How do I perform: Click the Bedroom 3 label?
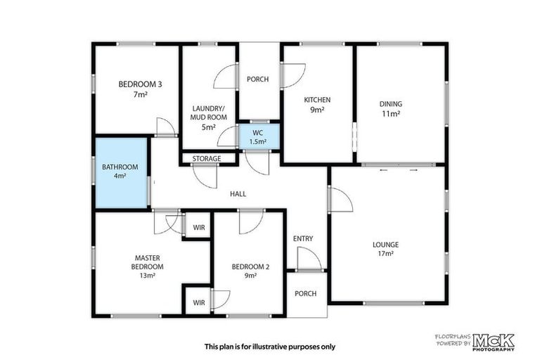[139, 84]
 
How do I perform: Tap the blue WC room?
[258, 137]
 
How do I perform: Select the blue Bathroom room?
[120, 172]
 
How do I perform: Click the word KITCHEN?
[316, 100]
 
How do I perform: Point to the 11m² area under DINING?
[392, 113]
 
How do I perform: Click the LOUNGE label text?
[385, 245]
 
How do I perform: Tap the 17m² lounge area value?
[385, 254]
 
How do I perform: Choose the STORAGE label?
[207, 159]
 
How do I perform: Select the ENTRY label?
[303, 239]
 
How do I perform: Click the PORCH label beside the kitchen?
[257, 79]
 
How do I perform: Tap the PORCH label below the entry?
[305, 293]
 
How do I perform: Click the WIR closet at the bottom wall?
[198, 302]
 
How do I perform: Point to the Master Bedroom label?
[148, 262]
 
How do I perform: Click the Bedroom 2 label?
[250, 267]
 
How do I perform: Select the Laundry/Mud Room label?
[209, 112]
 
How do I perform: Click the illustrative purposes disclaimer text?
[269, 346]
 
